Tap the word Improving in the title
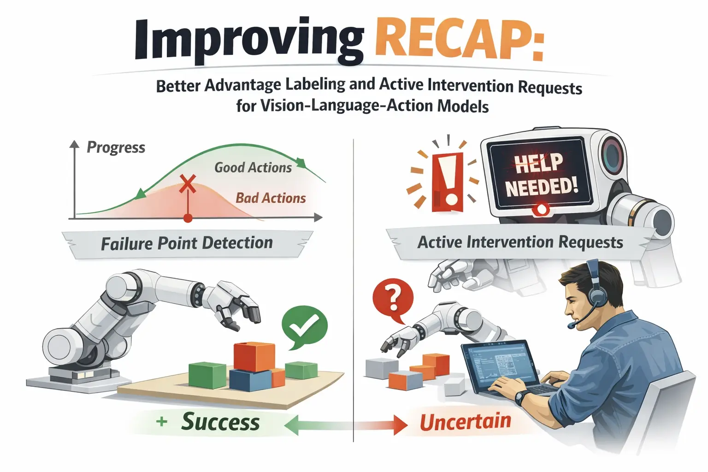249,41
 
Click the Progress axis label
116,147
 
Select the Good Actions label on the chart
253,167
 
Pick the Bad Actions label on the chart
271,198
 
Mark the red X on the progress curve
188,183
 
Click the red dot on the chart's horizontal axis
188,218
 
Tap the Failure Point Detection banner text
187,243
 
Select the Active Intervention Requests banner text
520,242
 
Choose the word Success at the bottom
220,422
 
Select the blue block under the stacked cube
249,379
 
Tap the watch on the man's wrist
521,396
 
